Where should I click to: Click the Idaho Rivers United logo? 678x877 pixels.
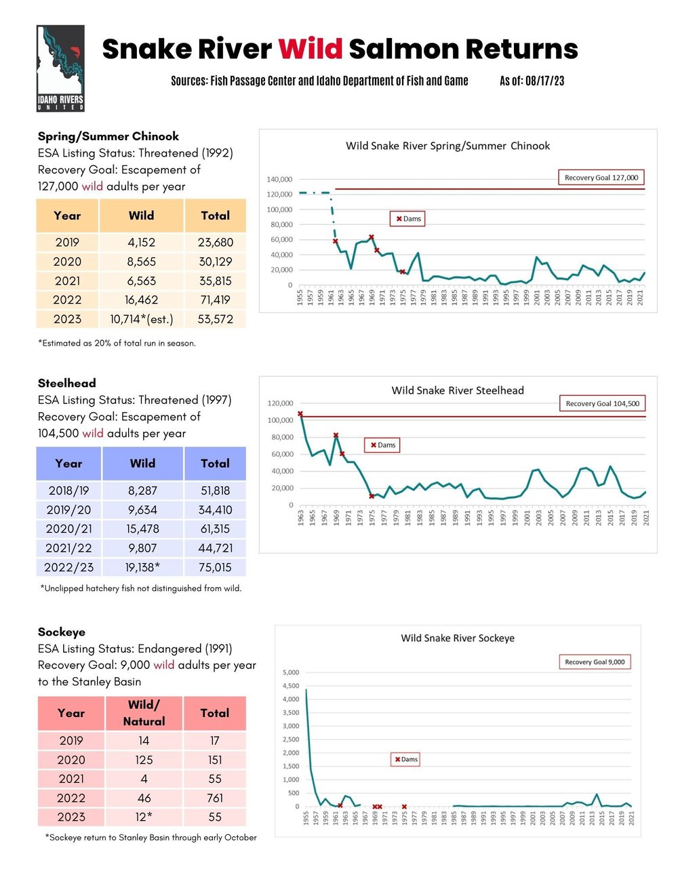(x=60, y=68)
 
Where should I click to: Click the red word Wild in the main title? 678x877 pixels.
(x=310, y=49)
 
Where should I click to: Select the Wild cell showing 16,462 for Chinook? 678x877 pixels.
(x=141, y=300)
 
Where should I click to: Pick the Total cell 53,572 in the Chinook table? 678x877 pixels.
(x=215, y=319)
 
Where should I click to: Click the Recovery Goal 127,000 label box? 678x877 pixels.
(x=601, y=178)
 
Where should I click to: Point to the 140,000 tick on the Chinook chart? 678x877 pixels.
(x=279, y=180)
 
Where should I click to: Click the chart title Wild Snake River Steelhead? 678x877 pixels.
(x=458, y=390)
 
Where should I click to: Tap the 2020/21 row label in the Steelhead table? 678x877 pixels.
(x=68, y=529)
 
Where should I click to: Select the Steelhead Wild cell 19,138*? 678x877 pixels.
(x=143, y=567)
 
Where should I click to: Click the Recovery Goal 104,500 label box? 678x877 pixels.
(x=602, y=403)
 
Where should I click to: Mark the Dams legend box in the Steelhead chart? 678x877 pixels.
(x=383, y=445)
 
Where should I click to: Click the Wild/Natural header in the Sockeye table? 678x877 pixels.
(x=144, y=713)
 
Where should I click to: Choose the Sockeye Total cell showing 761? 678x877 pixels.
(x=215, y=798)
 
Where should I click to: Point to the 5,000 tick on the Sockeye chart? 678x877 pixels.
(x=290, y=672)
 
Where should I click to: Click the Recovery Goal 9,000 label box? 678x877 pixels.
(x=595, y=662)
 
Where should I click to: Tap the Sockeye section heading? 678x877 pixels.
(x=62, y=632)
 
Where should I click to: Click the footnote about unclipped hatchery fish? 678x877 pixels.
(x=141, y=588)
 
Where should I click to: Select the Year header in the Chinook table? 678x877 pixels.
(x=67, y=216)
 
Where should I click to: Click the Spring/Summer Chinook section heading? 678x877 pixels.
(x=108, y=136)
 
